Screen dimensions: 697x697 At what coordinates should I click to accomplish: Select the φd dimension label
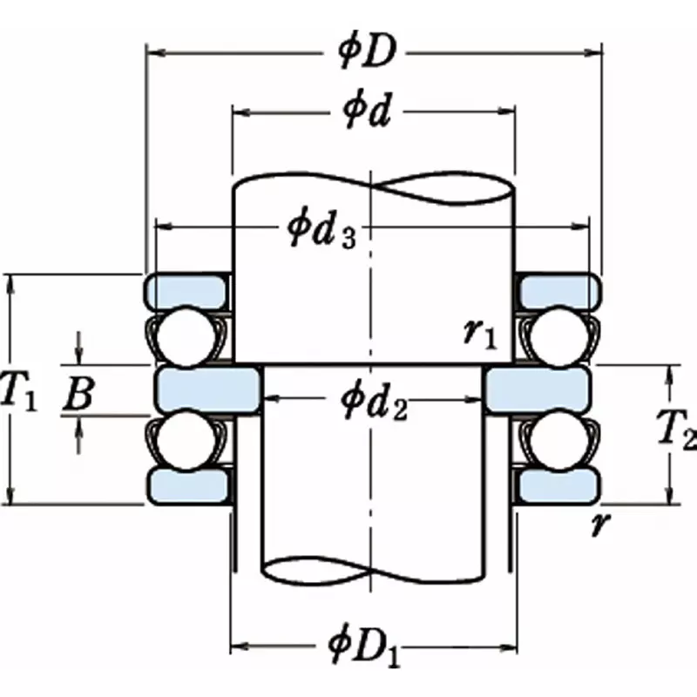point(365,113)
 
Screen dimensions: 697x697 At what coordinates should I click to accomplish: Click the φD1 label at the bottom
point(365,647)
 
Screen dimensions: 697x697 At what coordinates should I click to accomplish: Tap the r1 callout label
point(480,333)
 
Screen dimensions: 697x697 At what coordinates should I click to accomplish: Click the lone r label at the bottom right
point(598,524)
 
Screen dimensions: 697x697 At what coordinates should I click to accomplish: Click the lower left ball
point(183,435)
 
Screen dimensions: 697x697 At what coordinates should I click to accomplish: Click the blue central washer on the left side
point(207,389)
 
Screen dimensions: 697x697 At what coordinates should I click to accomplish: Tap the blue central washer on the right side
point(538,389)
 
